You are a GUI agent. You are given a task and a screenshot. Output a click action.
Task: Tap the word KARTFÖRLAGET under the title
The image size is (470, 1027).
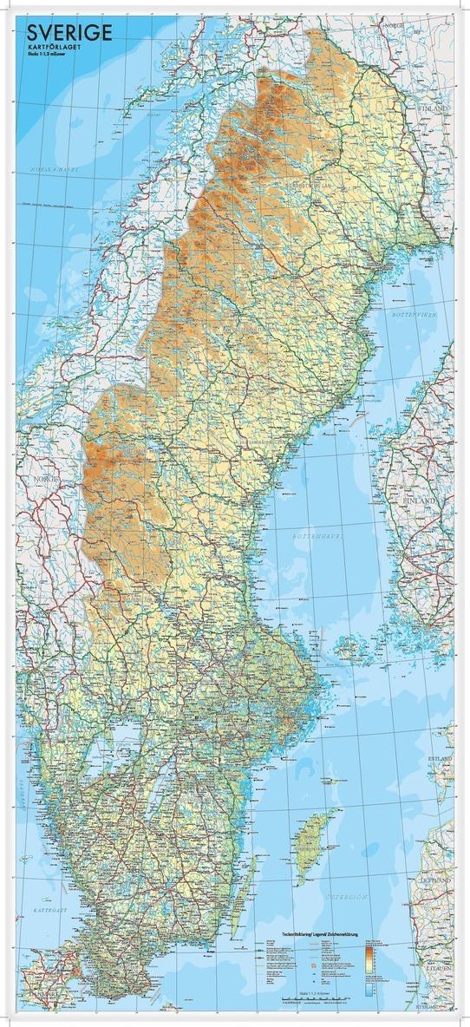point(54,47)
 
